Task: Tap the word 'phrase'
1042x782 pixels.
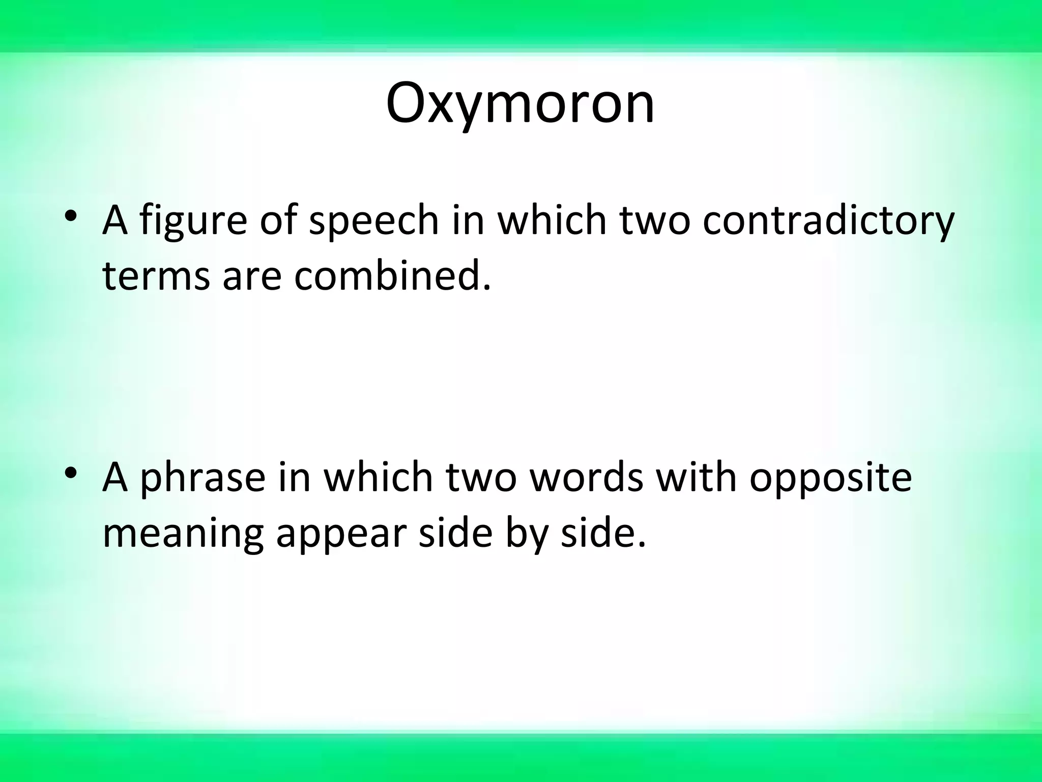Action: point(202,479)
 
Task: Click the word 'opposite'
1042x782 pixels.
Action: point(831,479)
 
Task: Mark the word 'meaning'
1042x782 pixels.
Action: point(183,535)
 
